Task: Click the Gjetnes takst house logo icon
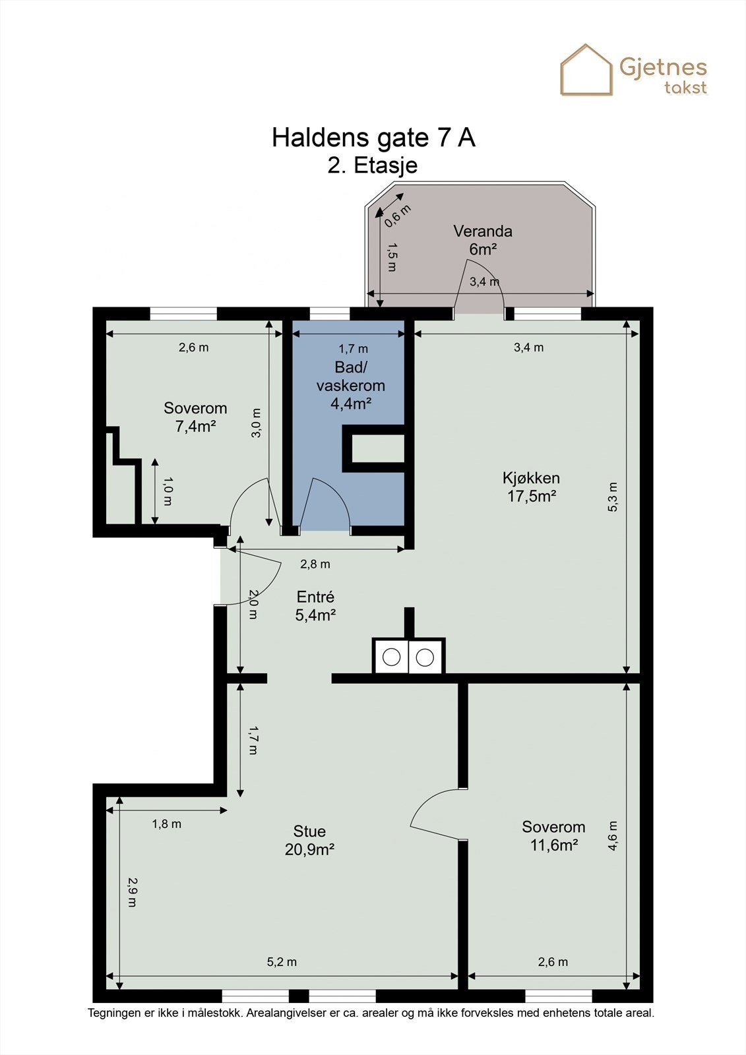tap(586, 70)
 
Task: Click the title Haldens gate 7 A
tap(373, 138)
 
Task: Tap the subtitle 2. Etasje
tap(372, 166)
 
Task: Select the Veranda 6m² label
tap(483, 240)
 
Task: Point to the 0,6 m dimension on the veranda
tap(397, 216)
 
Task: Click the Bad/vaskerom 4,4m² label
tap(351, 385)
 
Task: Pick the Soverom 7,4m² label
tap(195, 417)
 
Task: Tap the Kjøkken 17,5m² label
tap(531, 487)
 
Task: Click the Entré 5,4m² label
tap(315, 606)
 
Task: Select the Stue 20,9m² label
tap(309, 840)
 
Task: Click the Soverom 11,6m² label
tap(553, 836)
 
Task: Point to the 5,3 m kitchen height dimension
tap(612, 497)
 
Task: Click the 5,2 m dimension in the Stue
tap(282, 962)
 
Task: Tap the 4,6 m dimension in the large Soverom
tap(612, 836)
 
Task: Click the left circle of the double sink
tap(391, 657)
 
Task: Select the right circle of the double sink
tap(425, 657)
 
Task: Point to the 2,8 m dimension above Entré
tap(315, 564)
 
